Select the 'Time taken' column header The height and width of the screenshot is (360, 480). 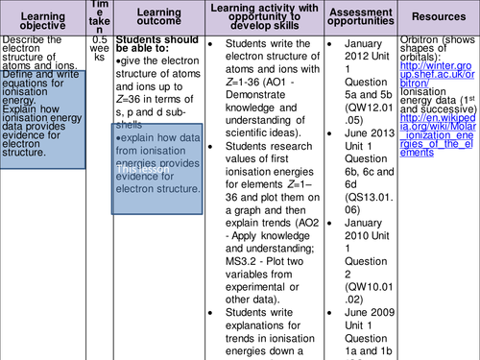(x=100, y=18)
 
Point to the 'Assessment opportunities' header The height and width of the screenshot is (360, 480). (x=356, y=18)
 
